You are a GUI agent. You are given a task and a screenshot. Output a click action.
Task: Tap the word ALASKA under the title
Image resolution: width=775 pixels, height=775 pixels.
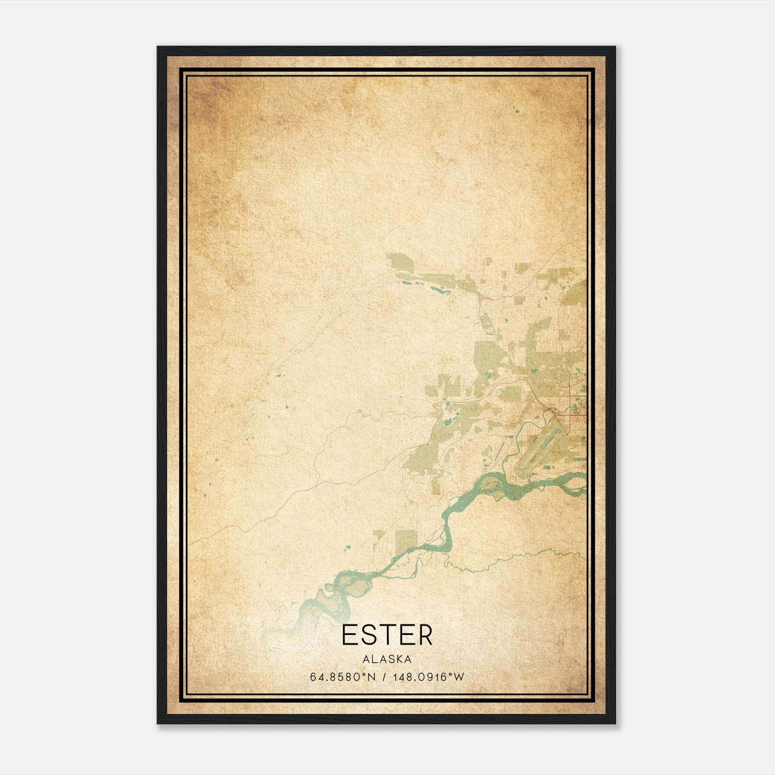coord(387,659)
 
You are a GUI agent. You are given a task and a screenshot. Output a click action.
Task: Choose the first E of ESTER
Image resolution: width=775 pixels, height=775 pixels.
coord(349,635)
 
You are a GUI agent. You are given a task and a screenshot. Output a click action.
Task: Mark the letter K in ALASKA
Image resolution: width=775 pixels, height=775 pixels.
coord(399,659)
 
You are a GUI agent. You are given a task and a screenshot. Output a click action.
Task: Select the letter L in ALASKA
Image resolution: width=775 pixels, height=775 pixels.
coord(372,659)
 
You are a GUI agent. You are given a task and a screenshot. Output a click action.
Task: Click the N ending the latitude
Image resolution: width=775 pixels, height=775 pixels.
coord(372,677)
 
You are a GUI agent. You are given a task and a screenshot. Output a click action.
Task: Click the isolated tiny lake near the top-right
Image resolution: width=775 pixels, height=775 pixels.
coord(516,111)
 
